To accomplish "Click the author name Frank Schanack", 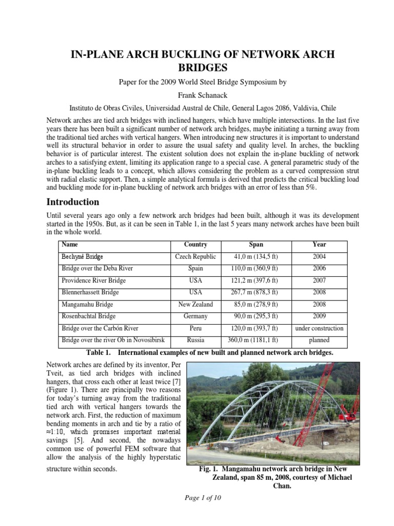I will [197, 95].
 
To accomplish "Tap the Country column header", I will [195, 245].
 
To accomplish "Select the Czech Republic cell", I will [195, 256].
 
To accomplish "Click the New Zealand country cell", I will [195, 304].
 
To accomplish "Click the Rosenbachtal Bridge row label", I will [88, 316].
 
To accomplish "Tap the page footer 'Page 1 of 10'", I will [197, 497].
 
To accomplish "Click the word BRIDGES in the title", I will [197, 67].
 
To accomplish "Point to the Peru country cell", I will [195, 328].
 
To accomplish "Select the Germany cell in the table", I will [195, 316].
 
